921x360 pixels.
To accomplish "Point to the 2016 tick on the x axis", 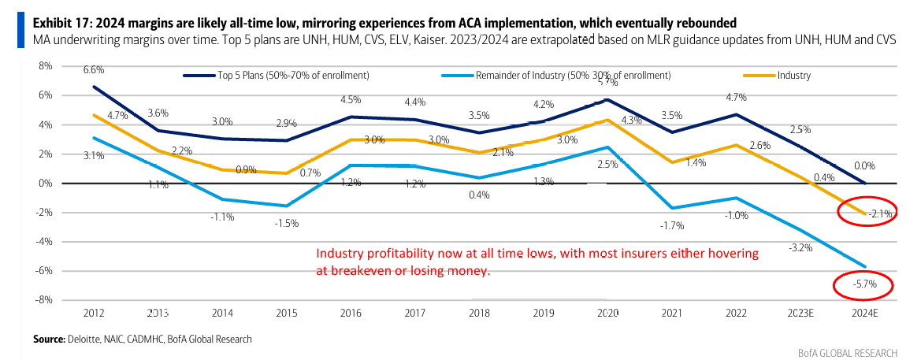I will click(351, 314).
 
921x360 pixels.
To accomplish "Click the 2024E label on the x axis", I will click(866, 314).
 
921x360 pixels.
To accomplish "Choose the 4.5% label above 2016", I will click(351, 100).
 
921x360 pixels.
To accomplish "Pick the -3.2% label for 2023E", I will click(800, 247).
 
